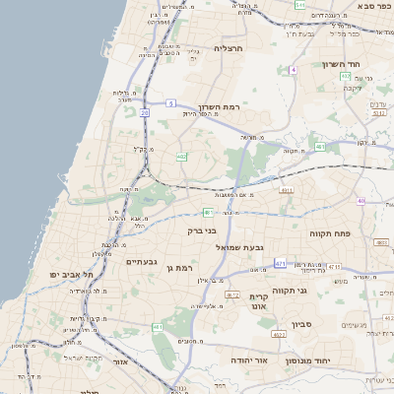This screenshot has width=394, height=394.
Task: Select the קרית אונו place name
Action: click(260, 302)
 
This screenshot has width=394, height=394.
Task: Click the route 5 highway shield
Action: click(170, 102)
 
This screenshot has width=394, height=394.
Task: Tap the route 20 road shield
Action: click(145, 113)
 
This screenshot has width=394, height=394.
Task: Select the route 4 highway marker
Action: click(294, 70)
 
